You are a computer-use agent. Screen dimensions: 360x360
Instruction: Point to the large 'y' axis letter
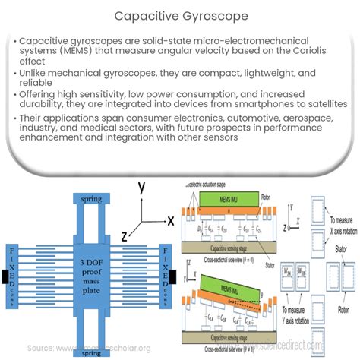click(141, 188)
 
